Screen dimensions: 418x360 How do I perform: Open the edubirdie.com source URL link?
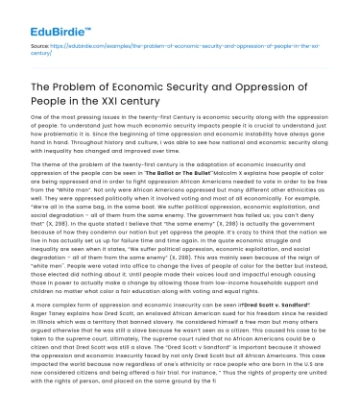pos(182,43)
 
